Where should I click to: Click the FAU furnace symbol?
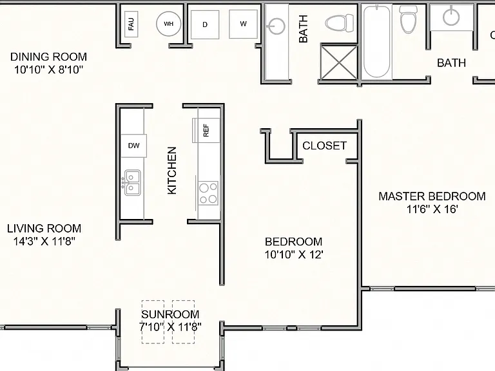coord(131,24)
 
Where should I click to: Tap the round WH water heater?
coord(169,24)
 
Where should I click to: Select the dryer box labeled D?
coord(205,24)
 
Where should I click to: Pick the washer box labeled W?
coord(243,24)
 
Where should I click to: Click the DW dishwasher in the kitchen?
coord(133,146)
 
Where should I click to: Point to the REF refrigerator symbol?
coord(206,130)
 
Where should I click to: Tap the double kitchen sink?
coord(132,183)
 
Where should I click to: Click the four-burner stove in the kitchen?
coord(208,193)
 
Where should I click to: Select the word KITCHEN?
coord(171,170)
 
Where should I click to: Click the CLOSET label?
coord(324,146)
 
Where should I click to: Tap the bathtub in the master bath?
coord(376,41)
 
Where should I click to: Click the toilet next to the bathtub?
coord(409,19)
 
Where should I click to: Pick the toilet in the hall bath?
coord(340,23)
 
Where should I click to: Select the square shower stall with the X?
coord(339,62)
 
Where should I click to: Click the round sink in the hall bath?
coord(277,26)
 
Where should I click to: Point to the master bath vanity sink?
coord(451,16)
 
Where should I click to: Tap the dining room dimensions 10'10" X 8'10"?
coord(48,70)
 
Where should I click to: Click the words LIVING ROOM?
coord(44,228)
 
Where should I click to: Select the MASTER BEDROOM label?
coord(432,196)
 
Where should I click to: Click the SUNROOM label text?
coord(170,314)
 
